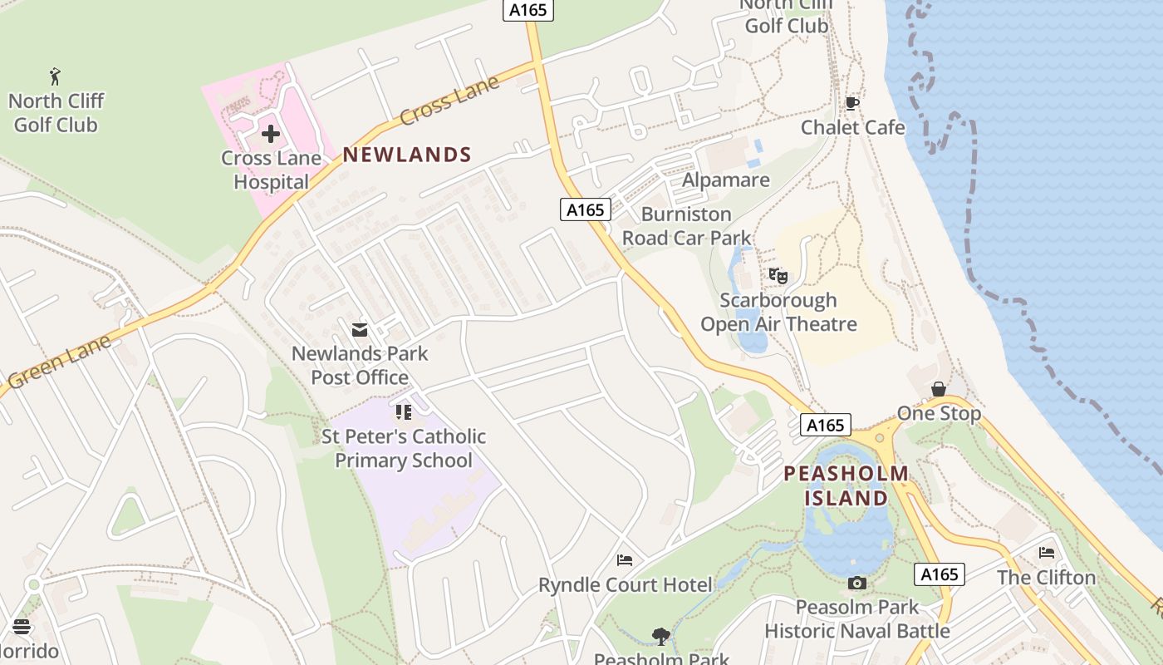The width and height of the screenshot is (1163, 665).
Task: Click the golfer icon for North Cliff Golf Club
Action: (x=55, y=76)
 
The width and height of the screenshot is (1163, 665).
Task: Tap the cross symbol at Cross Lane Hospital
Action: (x=271, y=133)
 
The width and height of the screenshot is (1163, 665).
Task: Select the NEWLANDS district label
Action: (x=407, y=155)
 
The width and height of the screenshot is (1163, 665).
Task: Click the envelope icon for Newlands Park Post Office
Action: (x=360, y=330)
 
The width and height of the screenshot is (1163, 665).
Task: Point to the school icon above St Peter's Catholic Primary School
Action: (x=404, y=412)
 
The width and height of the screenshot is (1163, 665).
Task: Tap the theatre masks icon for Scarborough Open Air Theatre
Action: (x=778, y=276)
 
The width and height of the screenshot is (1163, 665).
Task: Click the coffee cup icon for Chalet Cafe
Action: (x=851, y=103)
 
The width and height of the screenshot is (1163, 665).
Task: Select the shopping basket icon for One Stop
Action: (x=939, y=389)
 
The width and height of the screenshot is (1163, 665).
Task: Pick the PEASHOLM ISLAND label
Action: (x=846, y=486)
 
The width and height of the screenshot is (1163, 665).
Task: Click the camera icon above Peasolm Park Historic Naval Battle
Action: (x=857, y=584)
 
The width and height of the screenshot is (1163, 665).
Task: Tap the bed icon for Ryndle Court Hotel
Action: (x=625, y=560)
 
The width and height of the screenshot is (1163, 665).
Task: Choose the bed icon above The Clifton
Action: (x=1046, y=553)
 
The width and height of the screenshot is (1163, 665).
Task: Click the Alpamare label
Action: (x=725, y=180)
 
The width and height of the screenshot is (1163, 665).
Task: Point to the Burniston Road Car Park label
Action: (x=686, y=226)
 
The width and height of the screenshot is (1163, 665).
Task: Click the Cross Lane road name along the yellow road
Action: (x=449, y=101)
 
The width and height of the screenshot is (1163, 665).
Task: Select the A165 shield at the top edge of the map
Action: (x=528, y=10)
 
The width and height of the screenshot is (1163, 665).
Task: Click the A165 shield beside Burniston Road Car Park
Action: (x=586, y=209)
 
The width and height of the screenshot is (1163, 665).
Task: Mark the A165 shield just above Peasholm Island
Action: (x=826, y=426)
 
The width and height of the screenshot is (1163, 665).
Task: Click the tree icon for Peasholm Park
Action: (x=661, y=637)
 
